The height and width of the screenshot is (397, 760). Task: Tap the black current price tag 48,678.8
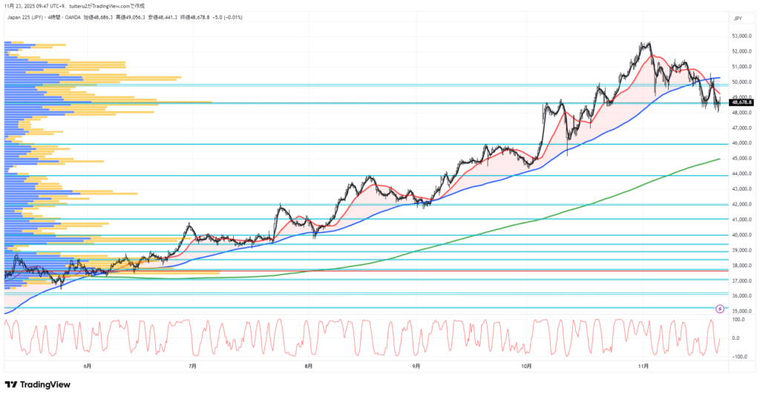(x=741, y=103)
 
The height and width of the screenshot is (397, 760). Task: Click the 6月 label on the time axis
(x=88, y=366)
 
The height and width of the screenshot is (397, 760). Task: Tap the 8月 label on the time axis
(x=308, y=366)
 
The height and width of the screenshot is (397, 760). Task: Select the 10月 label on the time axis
(x=527, y=366)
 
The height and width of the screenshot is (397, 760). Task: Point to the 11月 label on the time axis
(x=643, y=366)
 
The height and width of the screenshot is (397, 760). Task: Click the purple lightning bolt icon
(x=719, y=308)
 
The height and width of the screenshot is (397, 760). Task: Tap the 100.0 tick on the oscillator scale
(x=738, y=320)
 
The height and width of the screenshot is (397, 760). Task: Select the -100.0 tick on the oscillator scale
(x=738, y=357)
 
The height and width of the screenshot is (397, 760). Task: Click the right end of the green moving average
(x=719, y=159)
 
